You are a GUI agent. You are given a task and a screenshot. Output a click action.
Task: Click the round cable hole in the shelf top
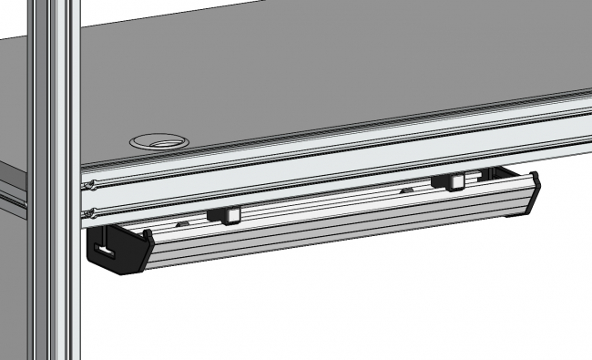pyautogui.click(x=159, y=141)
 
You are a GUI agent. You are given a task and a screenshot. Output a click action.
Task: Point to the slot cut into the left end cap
pyautogui.click(x=107, y=249)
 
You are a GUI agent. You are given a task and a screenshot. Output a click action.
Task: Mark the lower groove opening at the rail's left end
pyautogui.click(x=88, y=215)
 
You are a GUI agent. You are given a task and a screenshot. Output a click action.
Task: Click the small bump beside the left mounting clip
pyautogui.click(x=182, y=221)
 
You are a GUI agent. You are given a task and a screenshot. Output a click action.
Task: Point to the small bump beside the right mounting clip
pyautogui.click(x=407, y=190)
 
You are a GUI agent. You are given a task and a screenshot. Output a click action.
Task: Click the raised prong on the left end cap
pyautogui.click(x=146, y=235)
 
